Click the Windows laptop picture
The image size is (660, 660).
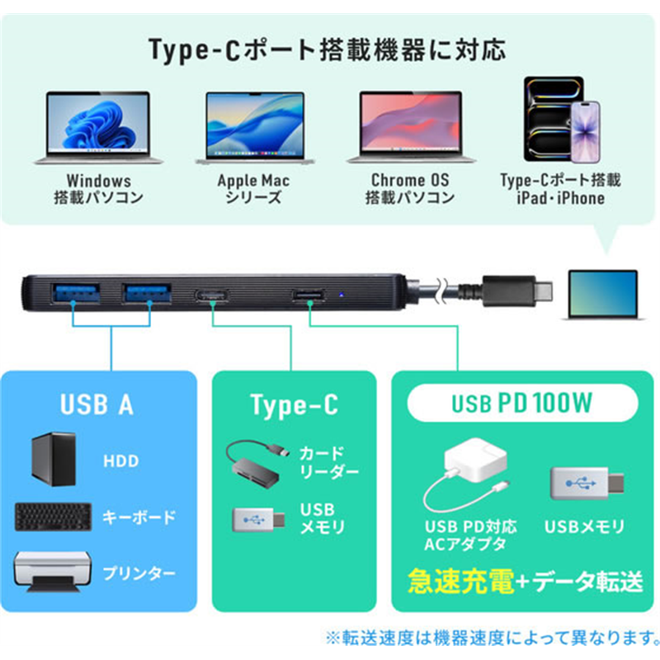(x=98, y=128)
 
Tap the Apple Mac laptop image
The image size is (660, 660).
(x=255, y=128)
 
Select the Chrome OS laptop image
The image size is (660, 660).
(x=411, y=127)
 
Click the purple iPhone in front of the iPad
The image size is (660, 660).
(x=585, y=132)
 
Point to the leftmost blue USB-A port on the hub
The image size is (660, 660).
(x=76, y=293)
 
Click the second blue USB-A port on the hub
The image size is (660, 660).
(x=147, y=293)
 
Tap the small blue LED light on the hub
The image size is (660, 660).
(x=342, y=295)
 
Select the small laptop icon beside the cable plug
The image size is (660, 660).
(x=603, y=295)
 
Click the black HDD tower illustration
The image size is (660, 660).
(x=54, y=460)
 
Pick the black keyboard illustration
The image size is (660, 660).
(x=53, y=517)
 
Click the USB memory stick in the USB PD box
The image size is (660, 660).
(x=587, y=483)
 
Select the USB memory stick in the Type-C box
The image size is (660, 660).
(x=258, y=520)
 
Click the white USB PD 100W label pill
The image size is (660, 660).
(x=522, y=403)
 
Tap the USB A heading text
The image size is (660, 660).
(x=97, y=404)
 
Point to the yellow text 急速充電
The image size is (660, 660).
(x=461, y=582)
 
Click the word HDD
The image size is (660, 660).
(x=121, y=461)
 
